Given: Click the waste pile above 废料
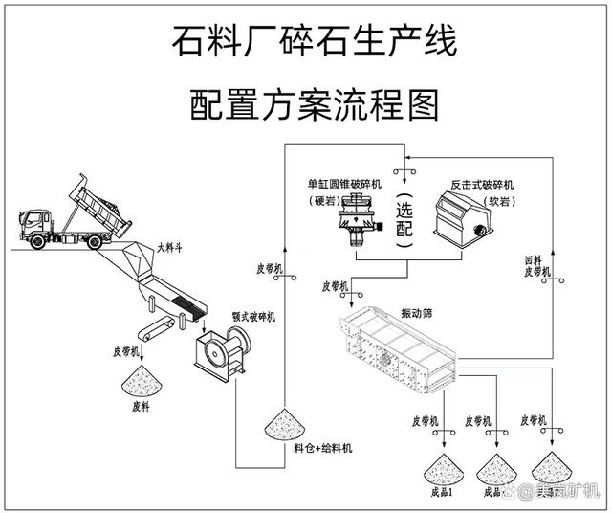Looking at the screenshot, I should coord(140,385).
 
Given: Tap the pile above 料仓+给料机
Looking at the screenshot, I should coord(284,421).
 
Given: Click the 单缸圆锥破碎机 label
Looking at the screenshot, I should coord(345,184).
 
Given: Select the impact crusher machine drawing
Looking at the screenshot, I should coord(460,215).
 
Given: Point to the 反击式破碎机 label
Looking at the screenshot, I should coord(483,184).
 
